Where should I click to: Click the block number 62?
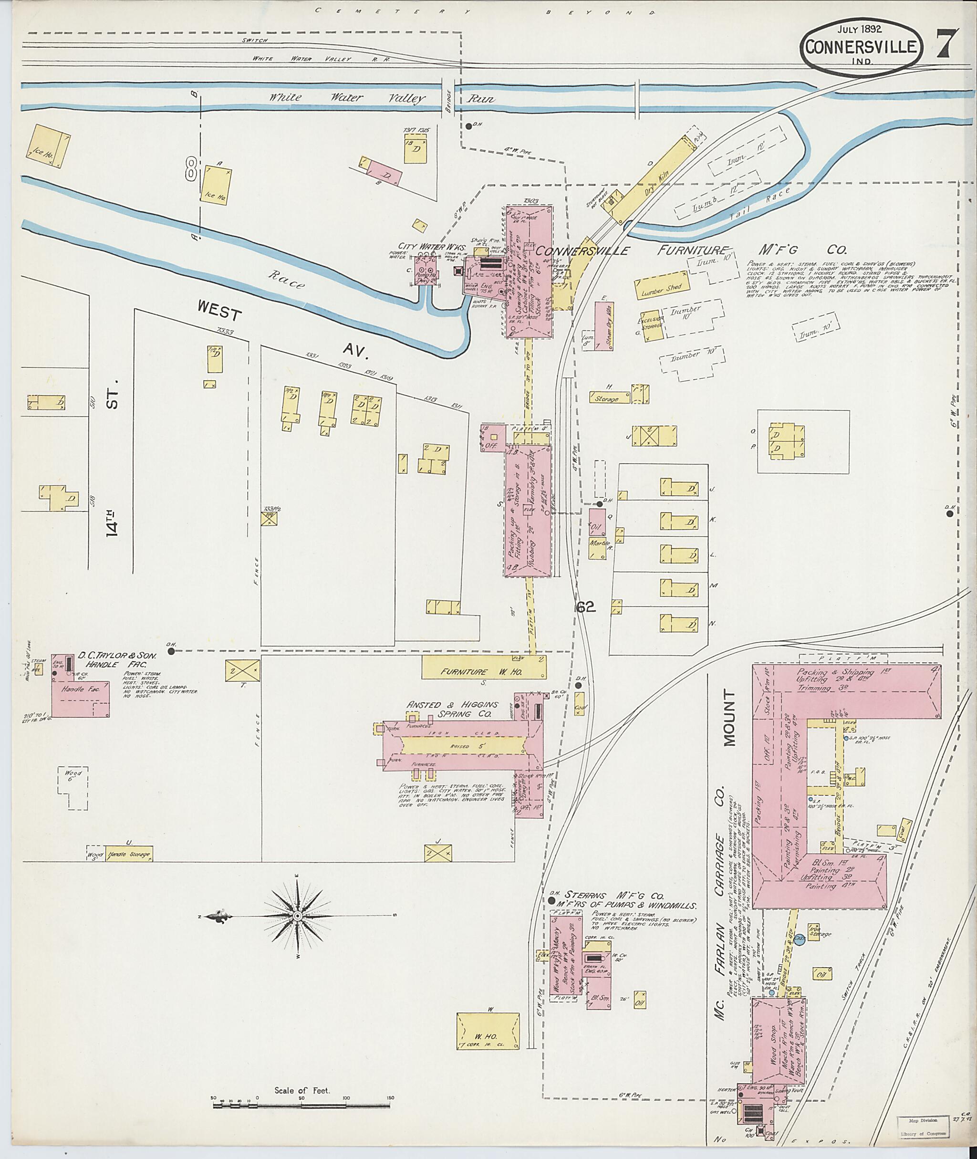585,608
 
